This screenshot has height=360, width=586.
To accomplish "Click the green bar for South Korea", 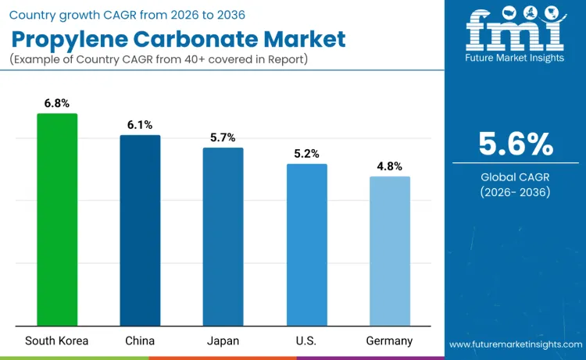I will pyautogui.click(x=57, y=219).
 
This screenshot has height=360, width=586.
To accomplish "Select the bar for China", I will pyautogui.click(x=140, y=230).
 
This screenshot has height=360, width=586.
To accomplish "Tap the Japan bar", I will pyautogui.click(x=223, y=237).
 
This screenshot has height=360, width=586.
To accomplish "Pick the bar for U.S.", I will pyautogui.click(x=306, y=244).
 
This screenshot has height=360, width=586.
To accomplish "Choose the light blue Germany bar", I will pyautogui.click(x=389, y=251).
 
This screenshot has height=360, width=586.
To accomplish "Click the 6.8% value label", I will pyautogui.click(x=57, y=102).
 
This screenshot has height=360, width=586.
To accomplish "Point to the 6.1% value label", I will pyautogui.click(x=140, y=124).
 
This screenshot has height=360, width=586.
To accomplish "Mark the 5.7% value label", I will pyautogui.click(x=223, y=137).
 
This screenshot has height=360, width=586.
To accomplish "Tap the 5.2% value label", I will pyautogui.click(x=306, y=154).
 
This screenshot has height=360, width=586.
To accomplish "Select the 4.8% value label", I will pyautogui.click(x=389, y=166).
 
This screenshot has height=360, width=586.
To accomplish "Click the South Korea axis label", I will pyautogui.click(x=57, y=340).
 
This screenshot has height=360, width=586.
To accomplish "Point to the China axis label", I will pyautogui.click(x=140, y=340).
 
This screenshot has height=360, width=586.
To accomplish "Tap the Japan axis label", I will pyautogui.click(x=223, y=340).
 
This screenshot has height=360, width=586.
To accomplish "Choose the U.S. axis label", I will pyautogui.click(x=306, y=340).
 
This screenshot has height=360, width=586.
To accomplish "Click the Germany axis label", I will pyautogui.click(x=389, y=340).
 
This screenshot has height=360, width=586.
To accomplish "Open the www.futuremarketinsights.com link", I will pyautogui.click(x=515, y=344).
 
